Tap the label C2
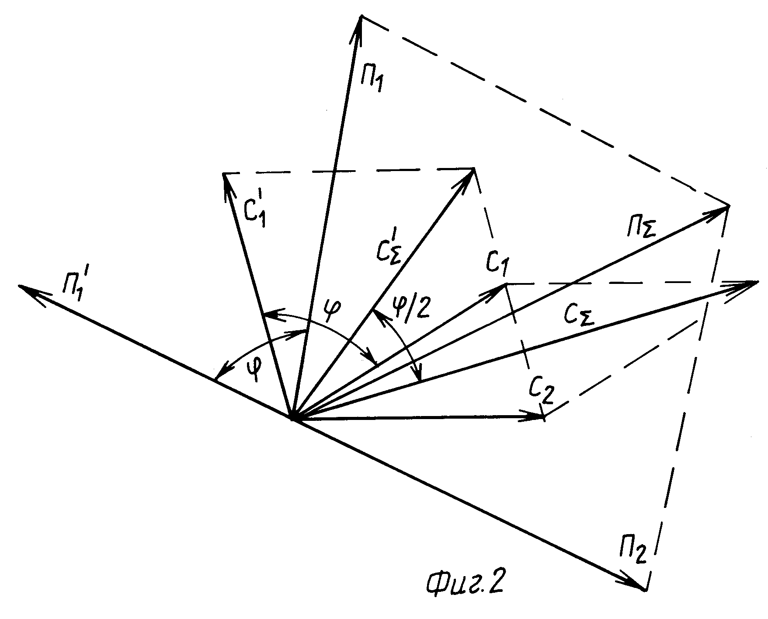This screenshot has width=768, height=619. (542, 388)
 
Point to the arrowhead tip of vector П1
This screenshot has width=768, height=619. (361, 17)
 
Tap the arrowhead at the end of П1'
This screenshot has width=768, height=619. (19, 286)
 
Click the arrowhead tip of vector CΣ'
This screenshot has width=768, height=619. (474, 169)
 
